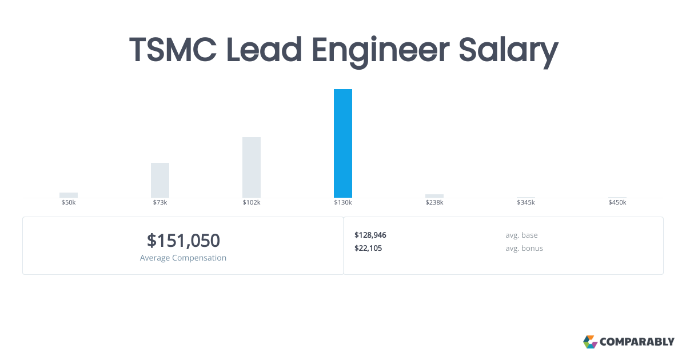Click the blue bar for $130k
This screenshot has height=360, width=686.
[x=343, y=143]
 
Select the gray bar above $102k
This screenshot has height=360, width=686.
[x=252, y=167]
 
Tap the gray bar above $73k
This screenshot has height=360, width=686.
[x=160, y=180]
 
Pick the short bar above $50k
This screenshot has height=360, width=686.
[x=69, y=195]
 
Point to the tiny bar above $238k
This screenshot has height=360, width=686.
[x=434, y=196]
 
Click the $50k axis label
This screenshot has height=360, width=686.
[x=69, y=203]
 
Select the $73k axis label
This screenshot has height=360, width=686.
[x=160, y=203]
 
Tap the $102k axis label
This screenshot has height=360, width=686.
[x=252, y=203]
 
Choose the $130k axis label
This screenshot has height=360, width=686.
[x=343, y=203]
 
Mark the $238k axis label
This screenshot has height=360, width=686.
[x=434, y=203]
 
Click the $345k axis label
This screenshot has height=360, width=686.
[x=526, y=203]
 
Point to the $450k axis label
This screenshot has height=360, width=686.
[x=617, y=203]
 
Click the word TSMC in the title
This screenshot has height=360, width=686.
[x=173, y=50]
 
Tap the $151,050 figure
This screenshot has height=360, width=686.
[x=183, y=241]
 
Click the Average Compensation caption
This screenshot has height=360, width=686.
[x=183, y=258]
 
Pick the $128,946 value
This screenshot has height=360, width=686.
[x=370, y=235]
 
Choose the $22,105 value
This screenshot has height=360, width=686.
[x=368, y=248]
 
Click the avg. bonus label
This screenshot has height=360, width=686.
[x=524, y=248]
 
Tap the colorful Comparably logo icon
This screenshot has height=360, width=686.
[x=590, y=342]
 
